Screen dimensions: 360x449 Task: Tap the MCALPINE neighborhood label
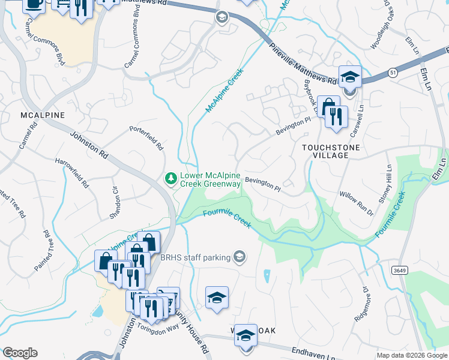click(42, 114)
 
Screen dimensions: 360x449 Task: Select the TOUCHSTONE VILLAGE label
click(330, 151)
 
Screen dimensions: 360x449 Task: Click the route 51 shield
click(392, 73)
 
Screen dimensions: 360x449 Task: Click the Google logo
click(20, 352)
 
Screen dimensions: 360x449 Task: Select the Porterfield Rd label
click(146, 137)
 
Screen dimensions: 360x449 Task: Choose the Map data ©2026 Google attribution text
click(411, 355)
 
